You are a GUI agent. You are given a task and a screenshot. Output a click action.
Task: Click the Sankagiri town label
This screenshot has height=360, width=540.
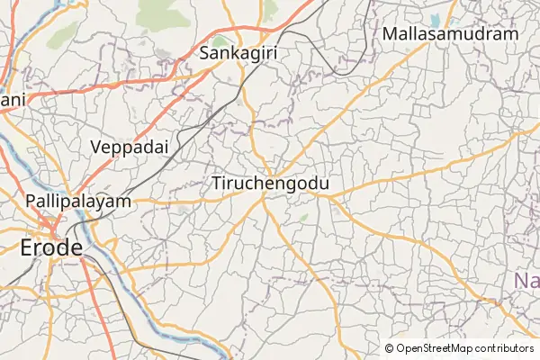(238, 52)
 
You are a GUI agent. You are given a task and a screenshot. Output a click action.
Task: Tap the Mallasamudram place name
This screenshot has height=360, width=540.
(450, 34)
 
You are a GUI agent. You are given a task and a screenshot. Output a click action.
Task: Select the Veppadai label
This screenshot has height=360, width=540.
(130, 146)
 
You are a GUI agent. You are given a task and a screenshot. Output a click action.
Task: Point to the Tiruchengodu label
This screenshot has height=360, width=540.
(270, 184)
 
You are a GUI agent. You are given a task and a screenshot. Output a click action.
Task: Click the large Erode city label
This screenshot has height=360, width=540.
(52, 247)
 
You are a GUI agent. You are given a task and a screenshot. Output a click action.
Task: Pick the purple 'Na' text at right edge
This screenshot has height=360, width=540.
(527, 282)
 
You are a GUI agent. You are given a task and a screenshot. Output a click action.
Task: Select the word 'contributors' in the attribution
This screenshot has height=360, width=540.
(504, 348)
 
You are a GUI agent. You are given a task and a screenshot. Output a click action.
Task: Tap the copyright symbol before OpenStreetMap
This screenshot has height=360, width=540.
(390, 348)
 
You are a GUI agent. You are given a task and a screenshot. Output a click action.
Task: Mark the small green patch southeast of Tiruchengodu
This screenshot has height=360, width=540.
(303, 217)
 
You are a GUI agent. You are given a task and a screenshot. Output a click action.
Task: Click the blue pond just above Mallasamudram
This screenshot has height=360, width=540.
(436, 19)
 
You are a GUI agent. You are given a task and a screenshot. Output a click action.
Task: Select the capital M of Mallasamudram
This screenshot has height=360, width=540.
(389, 34)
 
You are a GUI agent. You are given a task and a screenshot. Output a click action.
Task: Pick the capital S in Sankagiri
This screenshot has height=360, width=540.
(204, 52)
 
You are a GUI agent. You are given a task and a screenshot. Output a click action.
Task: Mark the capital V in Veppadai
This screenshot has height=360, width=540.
(96, 146)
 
